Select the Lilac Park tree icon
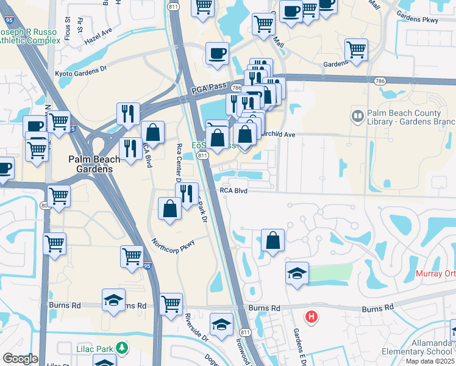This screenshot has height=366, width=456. coord(123,348)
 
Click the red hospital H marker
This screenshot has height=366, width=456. coord(312,317)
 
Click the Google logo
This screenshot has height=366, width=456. coord(20,359)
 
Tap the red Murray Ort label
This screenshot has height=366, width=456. coord(435,274)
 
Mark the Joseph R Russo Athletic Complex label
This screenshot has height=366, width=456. coord(30,35)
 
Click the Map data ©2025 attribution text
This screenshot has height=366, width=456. coord(430,361)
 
